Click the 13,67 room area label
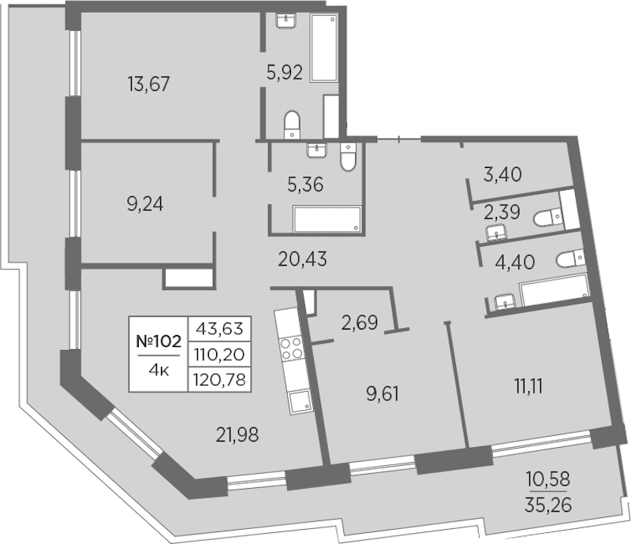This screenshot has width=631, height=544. click(149, 84)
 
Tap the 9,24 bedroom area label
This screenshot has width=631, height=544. click(145, 204)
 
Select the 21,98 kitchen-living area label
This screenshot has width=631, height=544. click(237, 434)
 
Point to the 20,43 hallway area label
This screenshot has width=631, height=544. click(302, 259)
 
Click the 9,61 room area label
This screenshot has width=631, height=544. click(383, 394)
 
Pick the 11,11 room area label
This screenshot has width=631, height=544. click(528, 386)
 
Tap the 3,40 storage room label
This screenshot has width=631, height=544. click(502, 174)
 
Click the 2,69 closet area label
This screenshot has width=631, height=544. click(360, 322)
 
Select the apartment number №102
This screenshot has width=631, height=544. click(159, 341)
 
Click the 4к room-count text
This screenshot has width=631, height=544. click(159, 371)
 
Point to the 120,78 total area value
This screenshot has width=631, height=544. click(219, 379)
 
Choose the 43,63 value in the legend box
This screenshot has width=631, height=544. click(219, 329)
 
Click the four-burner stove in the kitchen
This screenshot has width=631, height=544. click(291, 348)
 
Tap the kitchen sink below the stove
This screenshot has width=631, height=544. click(301, 401)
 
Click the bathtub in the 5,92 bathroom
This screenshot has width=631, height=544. click(324, 48)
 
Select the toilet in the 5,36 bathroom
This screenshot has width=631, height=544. click(348, 157)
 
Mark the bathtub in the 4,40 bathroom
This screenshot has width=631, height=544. click(555, 289)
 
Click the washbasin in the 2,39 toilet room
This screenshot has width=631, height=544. click(497, 233)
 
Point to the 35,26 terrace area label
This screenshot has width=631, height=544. click(548, 505)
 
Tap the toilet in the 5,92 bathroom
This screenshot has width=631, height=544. click(292, 125)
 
